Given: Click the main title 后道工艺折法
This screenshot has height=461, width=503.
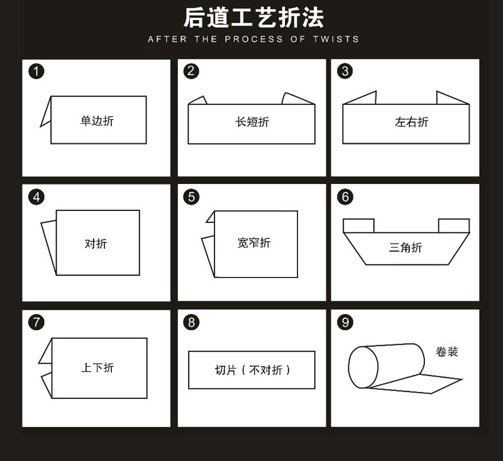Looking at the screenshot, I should (x=253, y=18).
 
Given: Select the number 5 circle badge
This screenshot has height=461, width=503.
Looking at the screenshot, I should (x=191, y=197).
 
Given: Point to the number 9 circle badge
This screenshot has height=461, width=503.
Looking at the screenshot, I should (x=345, y=322).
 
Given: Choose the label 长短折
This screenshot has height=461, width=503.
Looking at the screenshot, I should (x=252, y=122).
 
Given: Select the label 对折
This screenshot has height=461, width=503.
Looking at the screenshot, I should (x=96, y=244).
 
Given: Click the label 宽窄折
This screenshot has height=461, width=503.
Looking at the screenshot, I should (x=254, y=243).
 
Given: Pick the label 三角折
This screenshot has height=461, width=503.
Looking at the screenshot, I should (x=406, y=247).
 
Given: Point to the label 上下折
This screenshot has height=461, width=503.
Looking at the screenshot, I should (x=97, y=368).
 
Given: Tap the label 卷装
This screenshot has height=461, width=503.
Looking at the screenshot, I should (x=447, y=352).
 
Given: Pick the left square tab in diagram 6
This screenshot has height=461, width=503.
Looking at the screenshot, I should (x=358, y=225).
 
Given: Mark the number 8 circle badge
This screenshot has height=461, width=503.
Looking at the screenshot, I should (x=191, y=322).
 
